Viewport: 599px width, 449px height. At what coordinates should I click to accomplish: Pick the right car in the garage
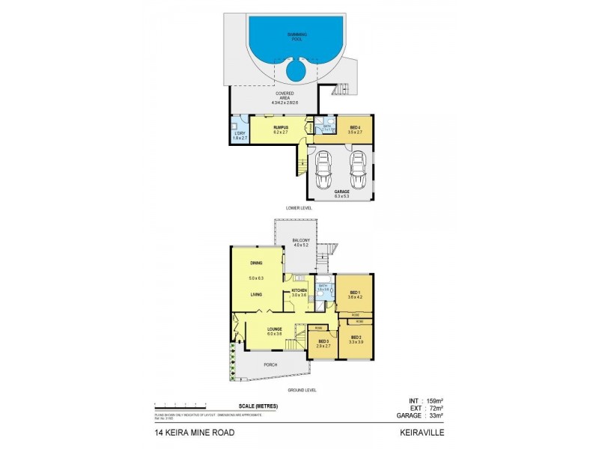point(358,170)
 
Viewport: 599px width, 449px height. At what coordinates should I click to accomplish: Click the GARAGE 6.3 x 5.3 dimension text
point(341,197)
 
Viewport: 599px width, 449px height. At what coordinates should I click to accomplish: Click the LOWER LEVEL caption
point(299,207)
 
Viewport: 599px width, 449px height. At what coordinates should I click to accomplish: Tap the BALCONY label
point(301,240)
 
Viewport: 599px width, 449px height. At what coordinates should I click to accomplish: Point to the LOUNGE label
point(275,328)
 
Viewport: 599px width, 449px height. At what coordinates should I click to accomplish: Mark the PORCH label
point(270,364)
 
